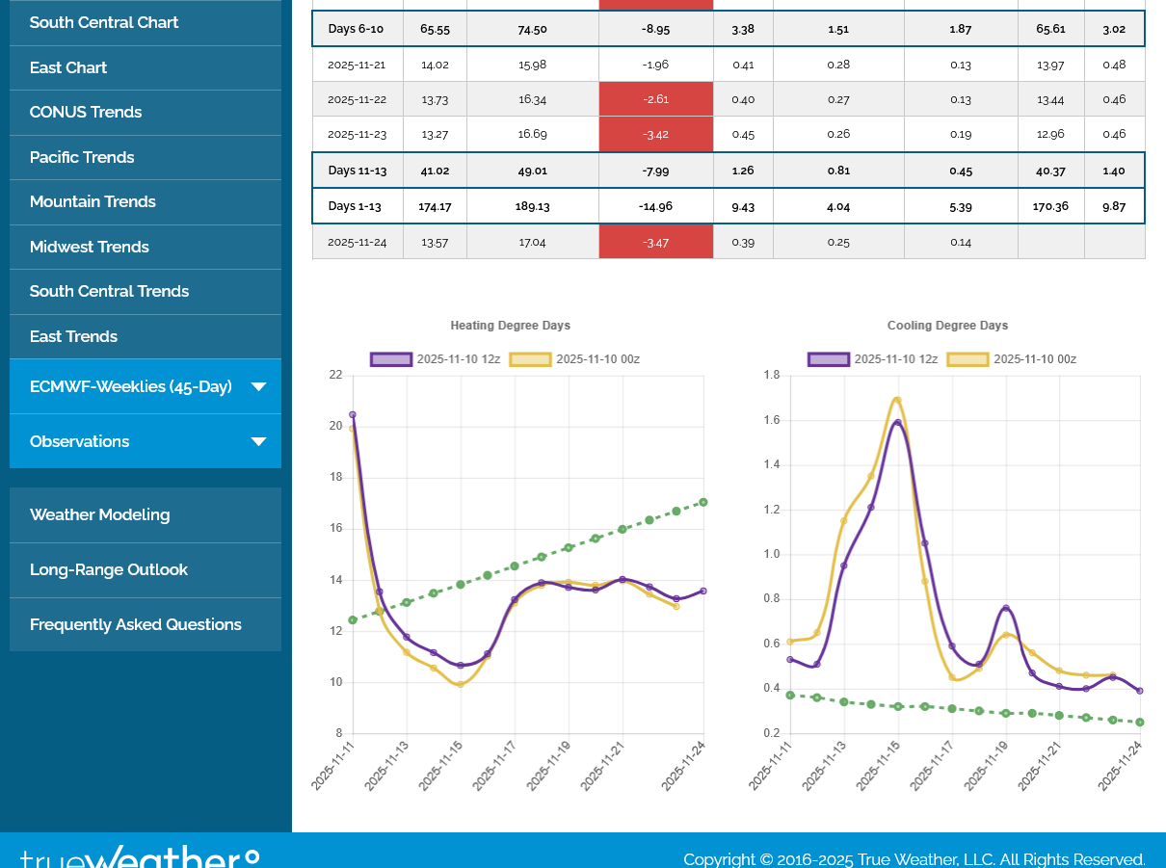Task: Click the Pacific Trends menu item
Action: pyautogui.click(x=82, y=157)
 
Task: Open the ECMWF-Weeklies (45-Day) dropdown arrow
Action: pyautogui.click(x=258, y=387)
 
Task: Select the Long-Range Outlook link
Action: pyautogui.click(x=108, y=569)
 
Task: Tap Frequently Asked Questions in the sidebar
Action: pyautogui.click(x=135, y=624)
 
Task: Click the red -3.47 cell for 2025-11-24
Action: pyautogui.click(x=655, y=242)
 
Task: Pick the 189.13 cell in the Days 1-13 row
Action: pyautogui.click(x=532, y=206)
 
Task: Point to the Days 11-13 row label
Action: pyautogui.click(x=357, y=171)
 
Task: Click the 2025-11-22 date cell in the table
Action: pyautogui.click(x=357, y=99)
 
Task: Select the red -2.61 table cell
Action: pyautogui.click(x=655, y=99)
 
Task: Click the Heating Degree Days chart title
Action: pyautogui.click(x=510, y=326)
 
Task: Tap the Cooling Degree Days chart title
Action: pyautogui.click(x=947, y=326)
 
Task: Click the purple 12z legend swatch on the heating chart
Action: pyautogui.click(x=391, y=359)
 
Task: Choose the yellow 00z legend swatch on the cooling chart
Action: pyautogui.click(x=967, y=359)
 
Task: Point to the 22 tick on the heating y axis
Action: pyautogui.click(x=334, y=375)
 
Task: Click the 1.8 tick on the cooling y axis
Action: pyautogui.click(x=772, y=375)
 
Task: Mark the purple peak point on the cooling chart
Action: pyautogui.click(x=897, y=422)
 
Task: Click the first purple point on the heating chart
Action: pyautogui.click(x=353, y=414)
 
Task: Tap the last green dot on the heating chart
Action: pyautogui.click(x=703, y=502)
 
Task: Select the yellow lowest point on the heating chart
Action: pyautogui.click(x=461, y=684)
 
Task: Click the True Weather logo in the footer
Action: pyautogui.click(x=140, y=855)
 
